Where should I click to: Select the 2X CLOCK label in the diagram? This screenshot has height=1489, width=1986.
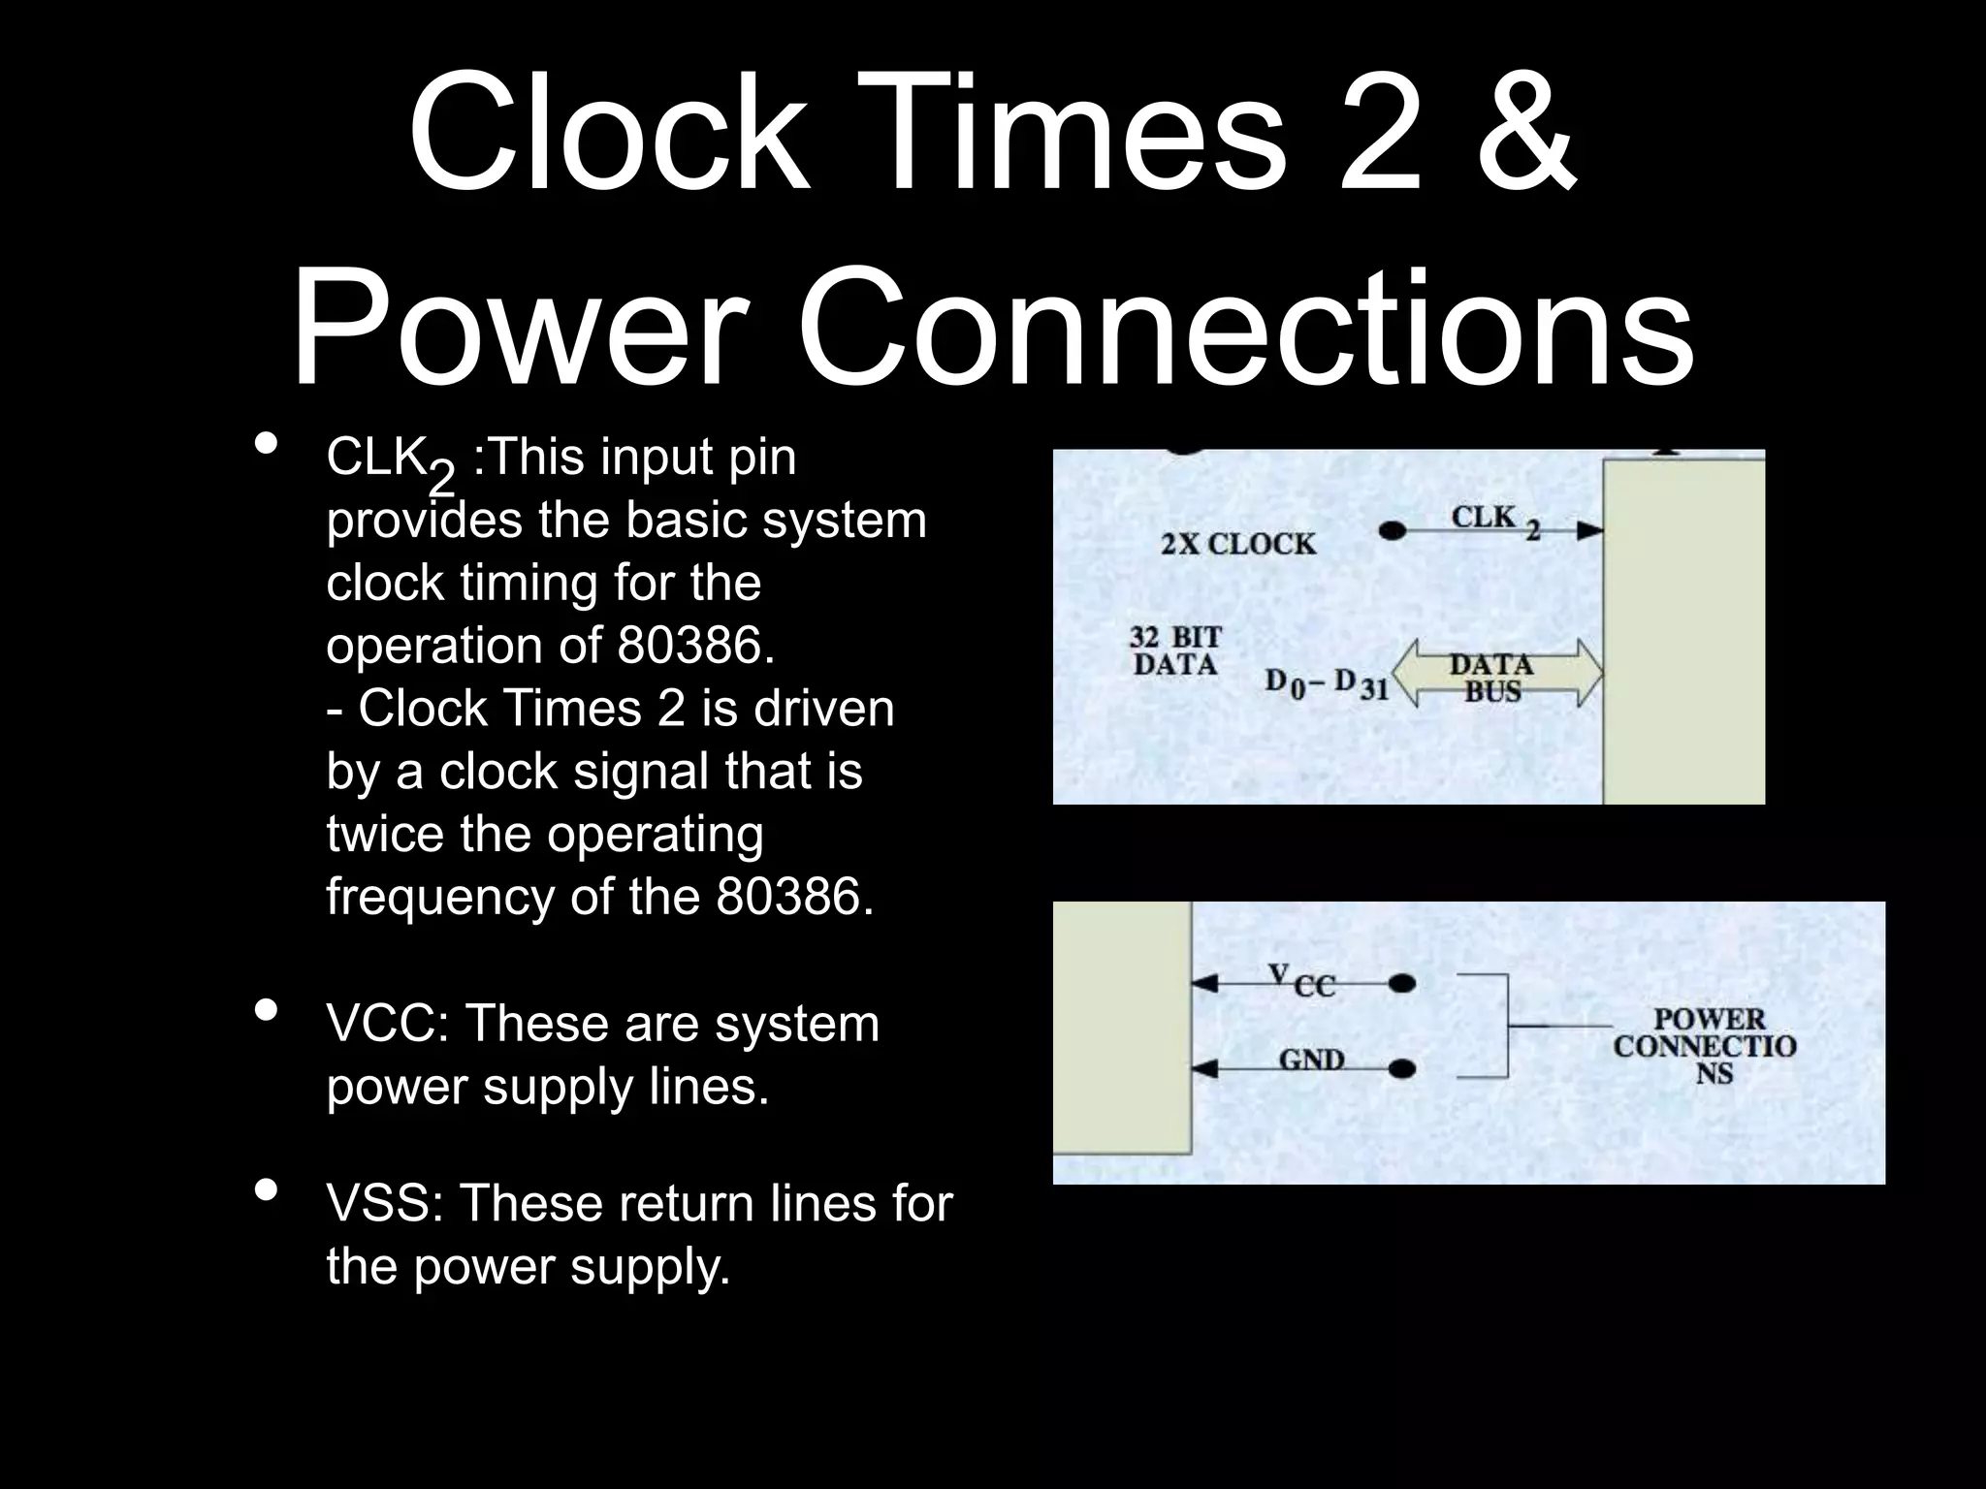click(1238, 545)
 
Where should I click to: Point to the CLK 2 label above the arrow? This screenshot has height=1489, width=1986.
click(1494, 521)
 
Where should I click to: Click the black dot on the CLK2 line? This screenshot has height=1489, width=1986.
click(1393, 531)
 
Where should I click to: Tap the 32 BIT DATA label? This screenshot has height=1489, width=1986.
click(1175, 651)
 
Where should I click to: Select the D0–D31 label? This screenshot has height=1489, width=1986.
click(1327, 683)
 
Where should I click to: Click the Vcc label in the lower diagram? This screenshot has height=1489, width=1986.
click(1301, 981)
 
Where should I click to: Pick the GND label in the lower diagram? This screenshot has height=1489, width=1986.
click(1311, 1060)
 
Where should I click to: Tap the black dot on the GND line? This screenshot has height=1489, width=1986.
click(1401, 1070)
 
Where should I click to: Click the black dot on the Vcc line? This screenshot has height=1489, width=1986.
click(1401, 985)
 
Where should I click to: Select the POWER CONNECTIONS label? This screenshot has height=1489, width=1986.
click(1705, 1047)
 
